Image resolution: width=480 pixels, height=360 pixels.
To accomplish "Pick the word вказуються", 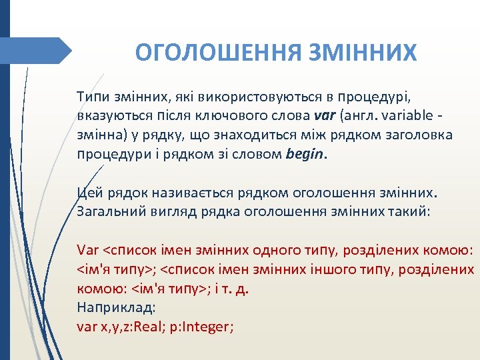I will point(111,116).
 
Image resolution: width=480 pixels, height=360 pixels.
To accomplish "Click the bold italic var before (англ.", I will point(325,116).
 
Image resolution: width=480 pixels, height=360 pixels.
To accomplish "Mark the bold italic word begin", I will point(306,155).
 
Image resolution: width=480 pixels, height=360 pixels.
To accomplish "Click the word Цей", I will point(89,193).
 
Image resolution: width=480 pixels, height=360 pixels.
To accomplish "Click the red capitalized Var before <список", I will point(87,251).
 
